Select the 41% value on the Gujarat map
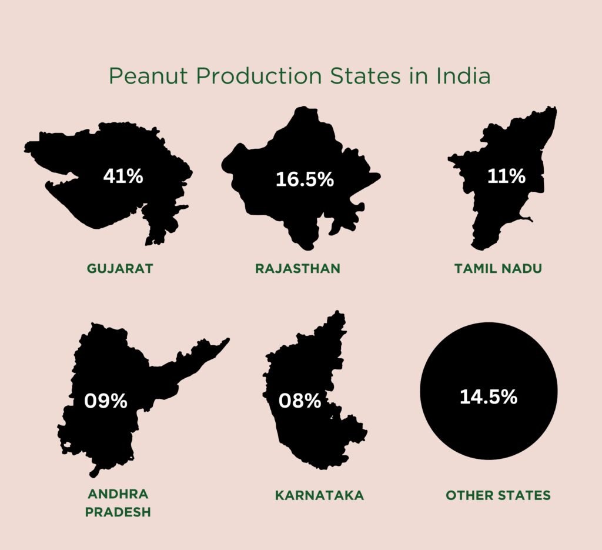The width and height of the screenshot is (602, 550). point(123,176)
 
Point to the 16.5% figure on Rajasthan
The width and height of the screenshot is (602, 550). point(305,179)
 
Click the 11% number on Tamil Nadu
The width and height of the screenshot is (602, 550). point(506,176)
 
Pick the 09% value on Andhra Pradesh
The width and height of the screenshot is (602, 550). point(106,401)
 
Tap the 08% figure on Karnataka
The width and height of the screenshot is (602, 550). point(300,401)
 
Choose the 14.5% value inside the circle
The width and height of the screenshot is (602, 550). point(489,397)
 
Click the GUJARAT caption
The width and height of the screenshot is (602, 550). point(120,269)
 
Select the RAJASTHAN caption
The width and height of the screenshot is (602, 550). point(297,269)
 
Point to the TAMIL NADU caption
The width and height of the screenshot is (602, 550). point(498,269)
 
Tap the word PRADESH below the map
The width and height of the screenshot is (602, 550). point(118,512)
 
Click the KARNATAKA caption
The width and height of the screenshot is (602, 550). point(319,495)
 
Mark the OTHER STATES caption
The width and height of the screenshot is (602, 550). point(498,495)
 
